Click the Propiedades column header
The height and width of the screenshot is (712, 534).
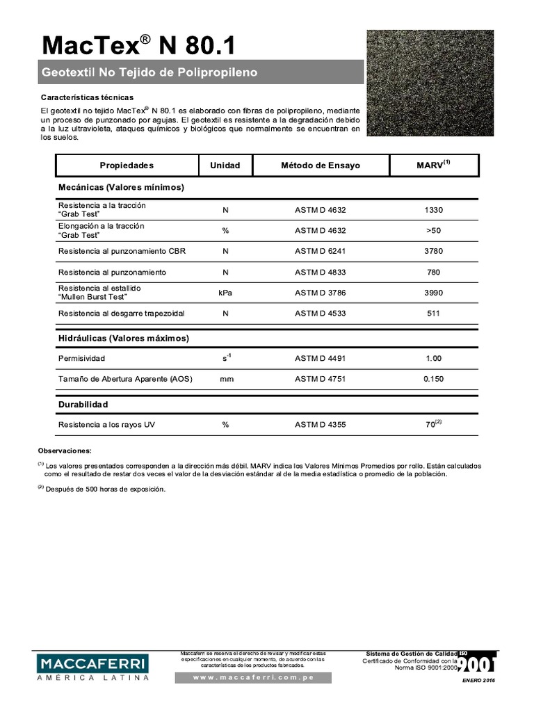coord(127,165)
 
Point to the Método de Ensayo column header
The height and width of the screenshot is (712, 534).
coord(320,165)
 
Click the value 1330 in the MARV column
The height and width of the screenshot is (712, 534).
coord(433,211)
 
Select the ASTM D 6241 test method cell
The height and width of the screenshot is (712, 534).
coord(320,251)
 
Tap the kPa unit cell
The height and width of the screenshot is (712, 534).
coord(225,293)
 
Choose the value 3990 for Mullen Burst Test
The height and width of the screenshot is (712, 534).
coord(433,293)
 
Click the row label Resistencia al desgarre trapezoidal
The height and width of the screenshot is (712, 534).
coord(121,314)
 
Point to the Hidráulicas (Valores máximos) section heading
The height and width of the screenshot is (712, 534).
coord(124,338)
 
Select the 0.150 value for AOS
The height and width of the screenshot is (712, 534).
coord(433,379)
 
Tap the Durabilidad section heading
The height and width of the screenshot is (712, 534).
coord(83,404)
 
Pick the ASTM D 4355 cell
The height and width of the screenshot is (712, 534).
coord(320,424)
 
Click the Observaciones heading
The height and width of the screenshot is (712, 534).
coord(64,451)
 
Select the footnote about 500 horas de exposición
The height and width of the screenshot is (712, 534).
coord(104,489)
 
